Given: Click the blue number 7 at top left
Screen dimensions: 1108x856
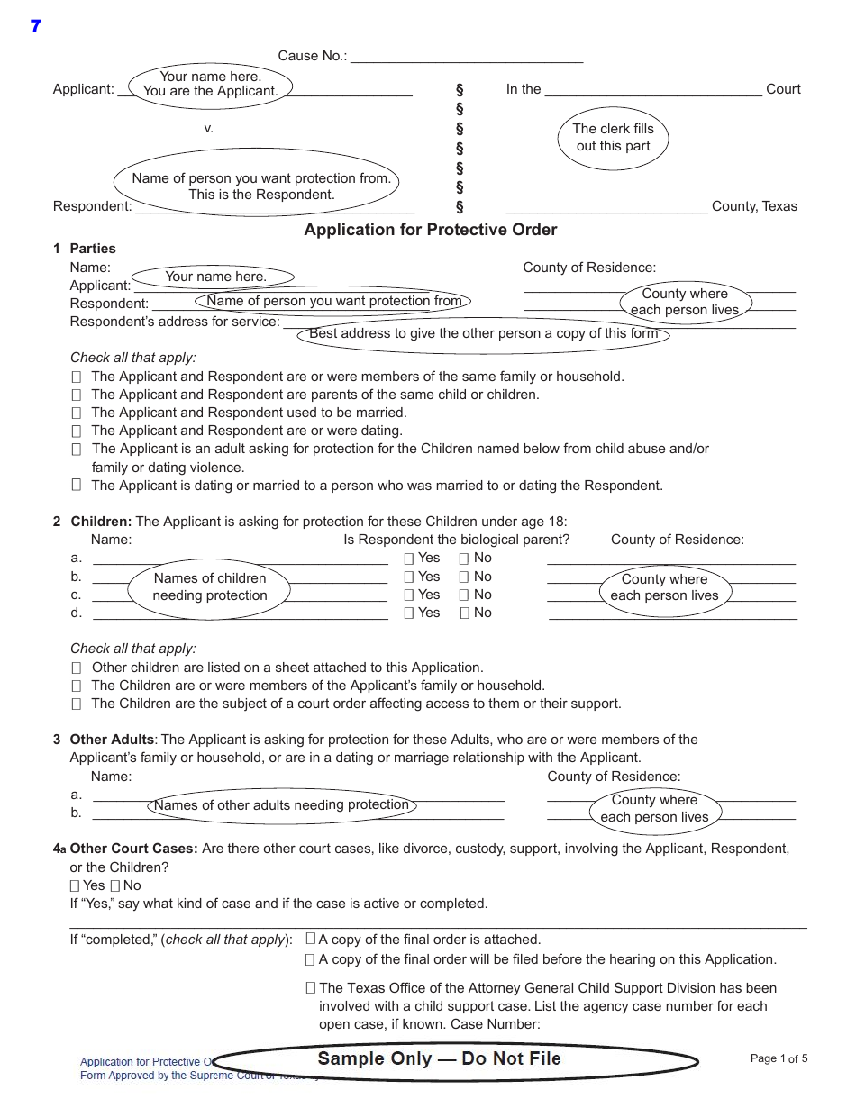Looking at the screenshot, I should coord(35,26).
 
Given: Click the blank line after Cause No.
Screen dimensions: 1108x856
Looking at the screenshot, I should coord(466,57).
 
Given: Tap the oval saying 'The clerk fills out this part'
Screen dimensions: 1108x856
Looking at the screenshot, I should coord(613,138).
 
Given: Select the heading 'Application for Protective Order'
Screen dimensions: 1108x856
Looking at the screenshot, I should coord(430,230).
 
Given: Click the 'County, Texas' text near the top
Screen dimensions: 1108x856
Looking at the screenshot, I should coord(754,206).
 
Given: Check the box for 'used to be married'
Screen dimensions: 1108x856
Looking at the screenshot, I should coord(77,413).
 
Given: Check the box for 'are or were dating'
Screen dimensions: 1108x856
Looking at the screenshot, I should coord(77,431).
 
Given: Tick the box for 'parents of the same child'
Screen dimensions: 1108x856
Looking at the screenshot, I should coord(77,395).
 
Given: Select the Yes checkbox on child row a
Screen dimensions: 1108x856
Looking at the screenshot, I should coord(409,559).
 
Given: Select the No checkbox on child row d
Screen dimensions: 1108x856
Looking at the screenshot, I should coord(465,613).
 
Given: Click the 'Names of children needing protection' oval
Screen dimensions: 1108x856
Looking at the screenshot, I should coord(210,587).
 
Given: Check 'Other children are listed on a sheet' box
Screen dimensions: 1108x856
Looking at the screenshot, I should coord(77,668).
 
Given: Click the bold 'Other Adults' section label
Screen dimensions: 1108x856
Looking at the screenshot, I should coord(112,740).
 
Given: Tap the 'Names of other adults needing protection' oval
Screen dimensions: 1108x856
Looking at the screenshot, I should coord(281,805).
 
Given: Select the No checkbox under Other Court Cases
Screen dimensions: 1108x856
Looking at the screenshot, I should coord(115,886).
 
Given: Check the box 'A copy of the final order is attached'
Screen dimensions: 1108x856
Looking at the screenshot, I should coord(311,939).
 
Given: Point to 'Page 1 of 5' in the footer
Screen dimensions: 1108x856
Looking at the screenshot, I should coord(779,1058).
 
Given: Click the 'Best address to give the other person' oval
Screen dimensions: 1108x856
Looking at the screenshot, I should coord(484,334).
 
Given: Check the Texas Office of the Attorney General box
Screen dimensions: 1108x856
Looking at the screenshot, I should coord(311,987).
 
